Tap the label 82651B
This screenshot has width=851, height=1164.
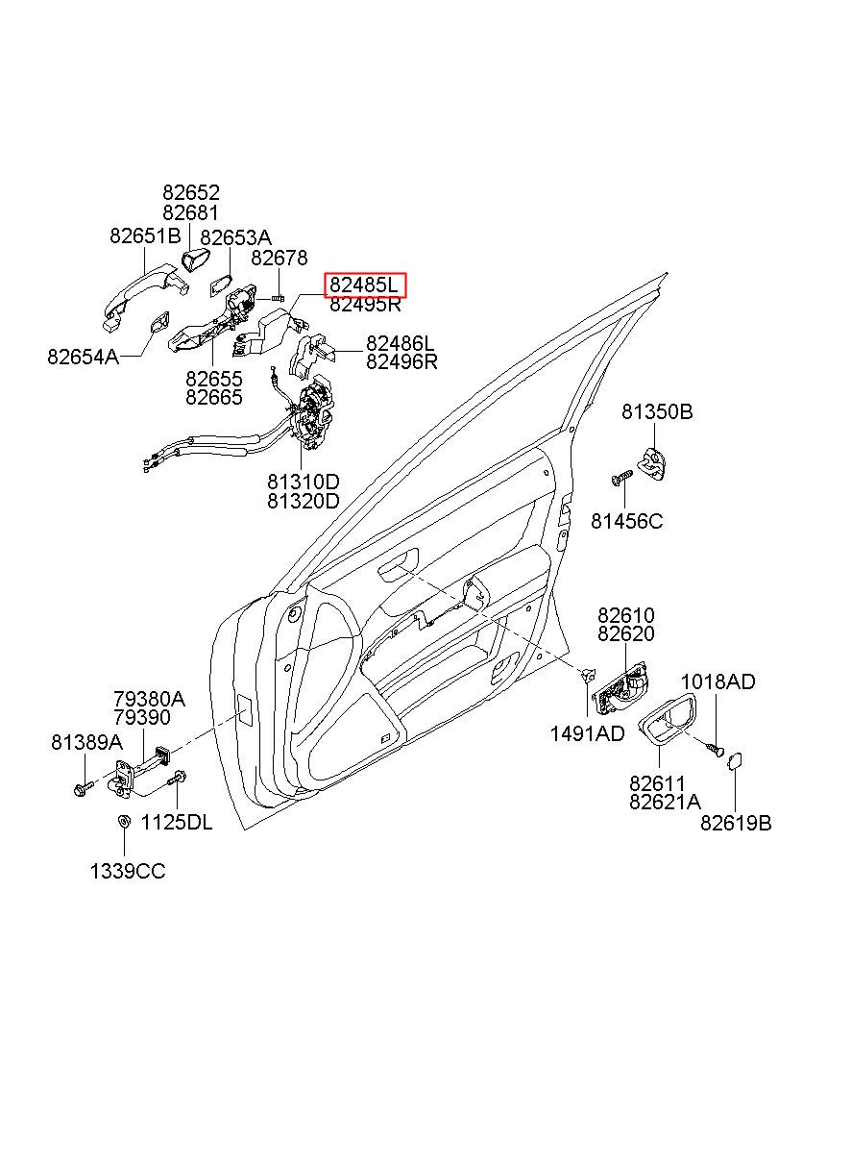[x=145, y=236]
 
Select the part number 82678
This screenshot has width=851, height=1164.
[x=280, y=258]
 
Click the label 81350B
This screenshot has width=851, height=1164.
[x=657, y=412]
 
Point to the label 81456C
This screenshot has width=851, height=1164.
[x=626, y=521]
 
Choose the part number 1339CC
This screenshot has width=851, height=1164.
[x=128, y=872]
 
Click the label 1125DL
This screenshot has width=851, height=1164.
[x=177, y=822]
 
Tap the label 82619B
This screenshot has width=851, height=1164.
[x=736, y=823]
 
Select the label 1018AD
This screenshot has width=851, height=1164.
[x=717, y=681]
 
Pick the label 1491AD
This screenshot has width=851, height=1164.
[x=587, y=733]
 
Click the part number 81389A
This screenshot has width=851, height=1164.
[x=86, y=743]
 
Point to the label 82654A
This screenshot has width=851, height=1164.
[x=83, y=357]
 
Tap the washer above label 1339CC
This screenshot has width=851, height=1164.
[x=124, y=822]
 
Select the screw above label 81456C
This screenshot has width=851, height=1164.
[x=621, y=478]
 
